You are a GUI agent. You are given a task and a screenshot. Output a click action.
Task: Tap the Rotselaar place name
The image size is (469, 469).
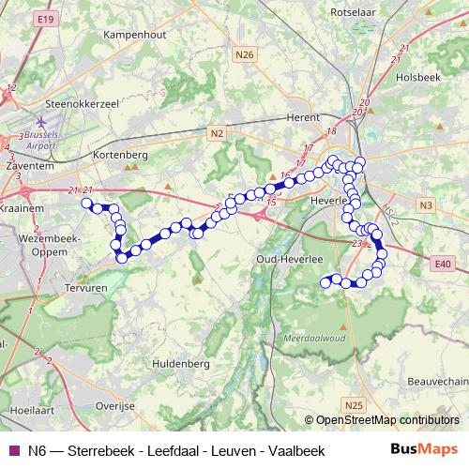pyautogui.click(x=355, y=12)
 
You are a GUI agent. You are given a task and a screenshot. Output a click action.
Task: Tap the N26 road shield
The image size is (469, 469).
pyautogui.click(x=245, y=54)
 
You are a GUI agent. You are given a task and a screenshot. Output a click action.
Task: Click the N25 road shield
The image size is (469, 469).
pyautogui.click(x=353, y=404)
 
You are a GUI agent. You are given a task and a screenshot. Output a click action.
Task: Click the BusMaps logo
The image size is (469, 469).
pyautogui.click(x=422, y=450)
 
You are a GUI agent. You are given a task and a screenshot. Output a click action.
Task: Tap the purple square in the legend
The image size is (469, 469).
pyautogui.click(x=12, y=451)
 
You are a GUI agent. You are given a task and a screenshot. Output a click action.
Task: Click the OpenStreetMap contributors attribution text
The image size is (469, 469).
pyautogui.click(x=387, y=421)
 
